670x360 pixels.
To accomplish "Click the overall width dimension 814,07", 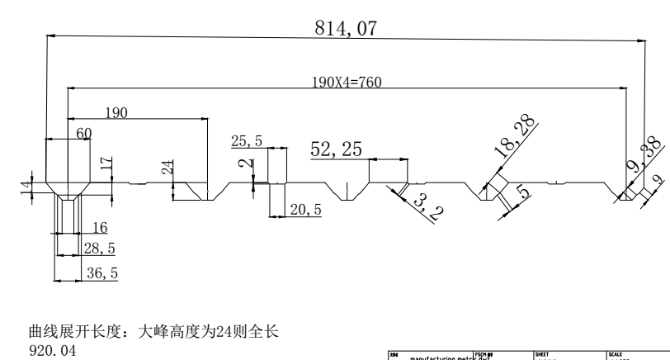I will click(x=345, y=27).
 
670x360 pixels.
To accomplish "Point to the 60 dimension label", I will click(x=83, y=132).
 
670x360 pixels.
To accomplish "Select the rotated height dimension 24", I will click(x=167, y=168).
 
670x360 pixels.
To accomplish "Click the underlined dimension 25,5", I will click(x=247, y=141).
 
